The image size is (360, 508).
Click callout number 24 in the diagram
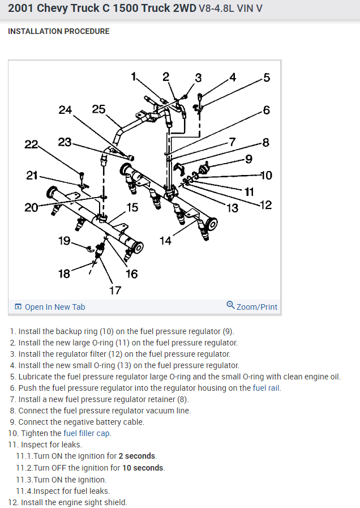coord(65,110)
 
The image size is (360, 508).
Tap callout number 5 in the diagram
coord(267,78)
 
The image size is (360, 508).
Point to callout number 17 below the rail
coord(115,291)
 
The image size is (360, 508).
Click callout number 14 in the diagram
coord(165,241)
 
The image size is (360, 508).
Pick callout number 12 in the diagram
coord(265,205)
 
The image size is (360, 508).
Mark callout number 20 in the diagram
coord(31,208)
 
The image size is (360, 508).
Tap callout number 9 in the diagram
coord(248,159)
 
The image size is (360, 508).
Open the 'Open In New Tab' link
coord(55,307)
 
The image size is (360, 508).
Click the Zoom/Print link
coord(257,307)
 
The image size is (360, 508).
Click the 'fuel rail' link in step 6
coord(267,388)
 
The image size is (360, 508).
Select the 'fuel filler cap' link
coord(87,433)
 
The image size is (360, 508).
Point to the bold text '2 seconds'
coord(138,456)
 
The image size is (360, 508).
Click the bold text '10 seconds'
coord(143,468)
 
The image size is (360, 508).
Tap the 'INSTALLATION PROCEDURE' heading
coord(59,31)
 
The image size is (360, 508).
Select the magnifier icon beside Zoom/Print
coord(230,305)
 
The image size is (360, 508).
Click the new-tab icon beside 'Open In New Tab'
coord(18,307)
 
